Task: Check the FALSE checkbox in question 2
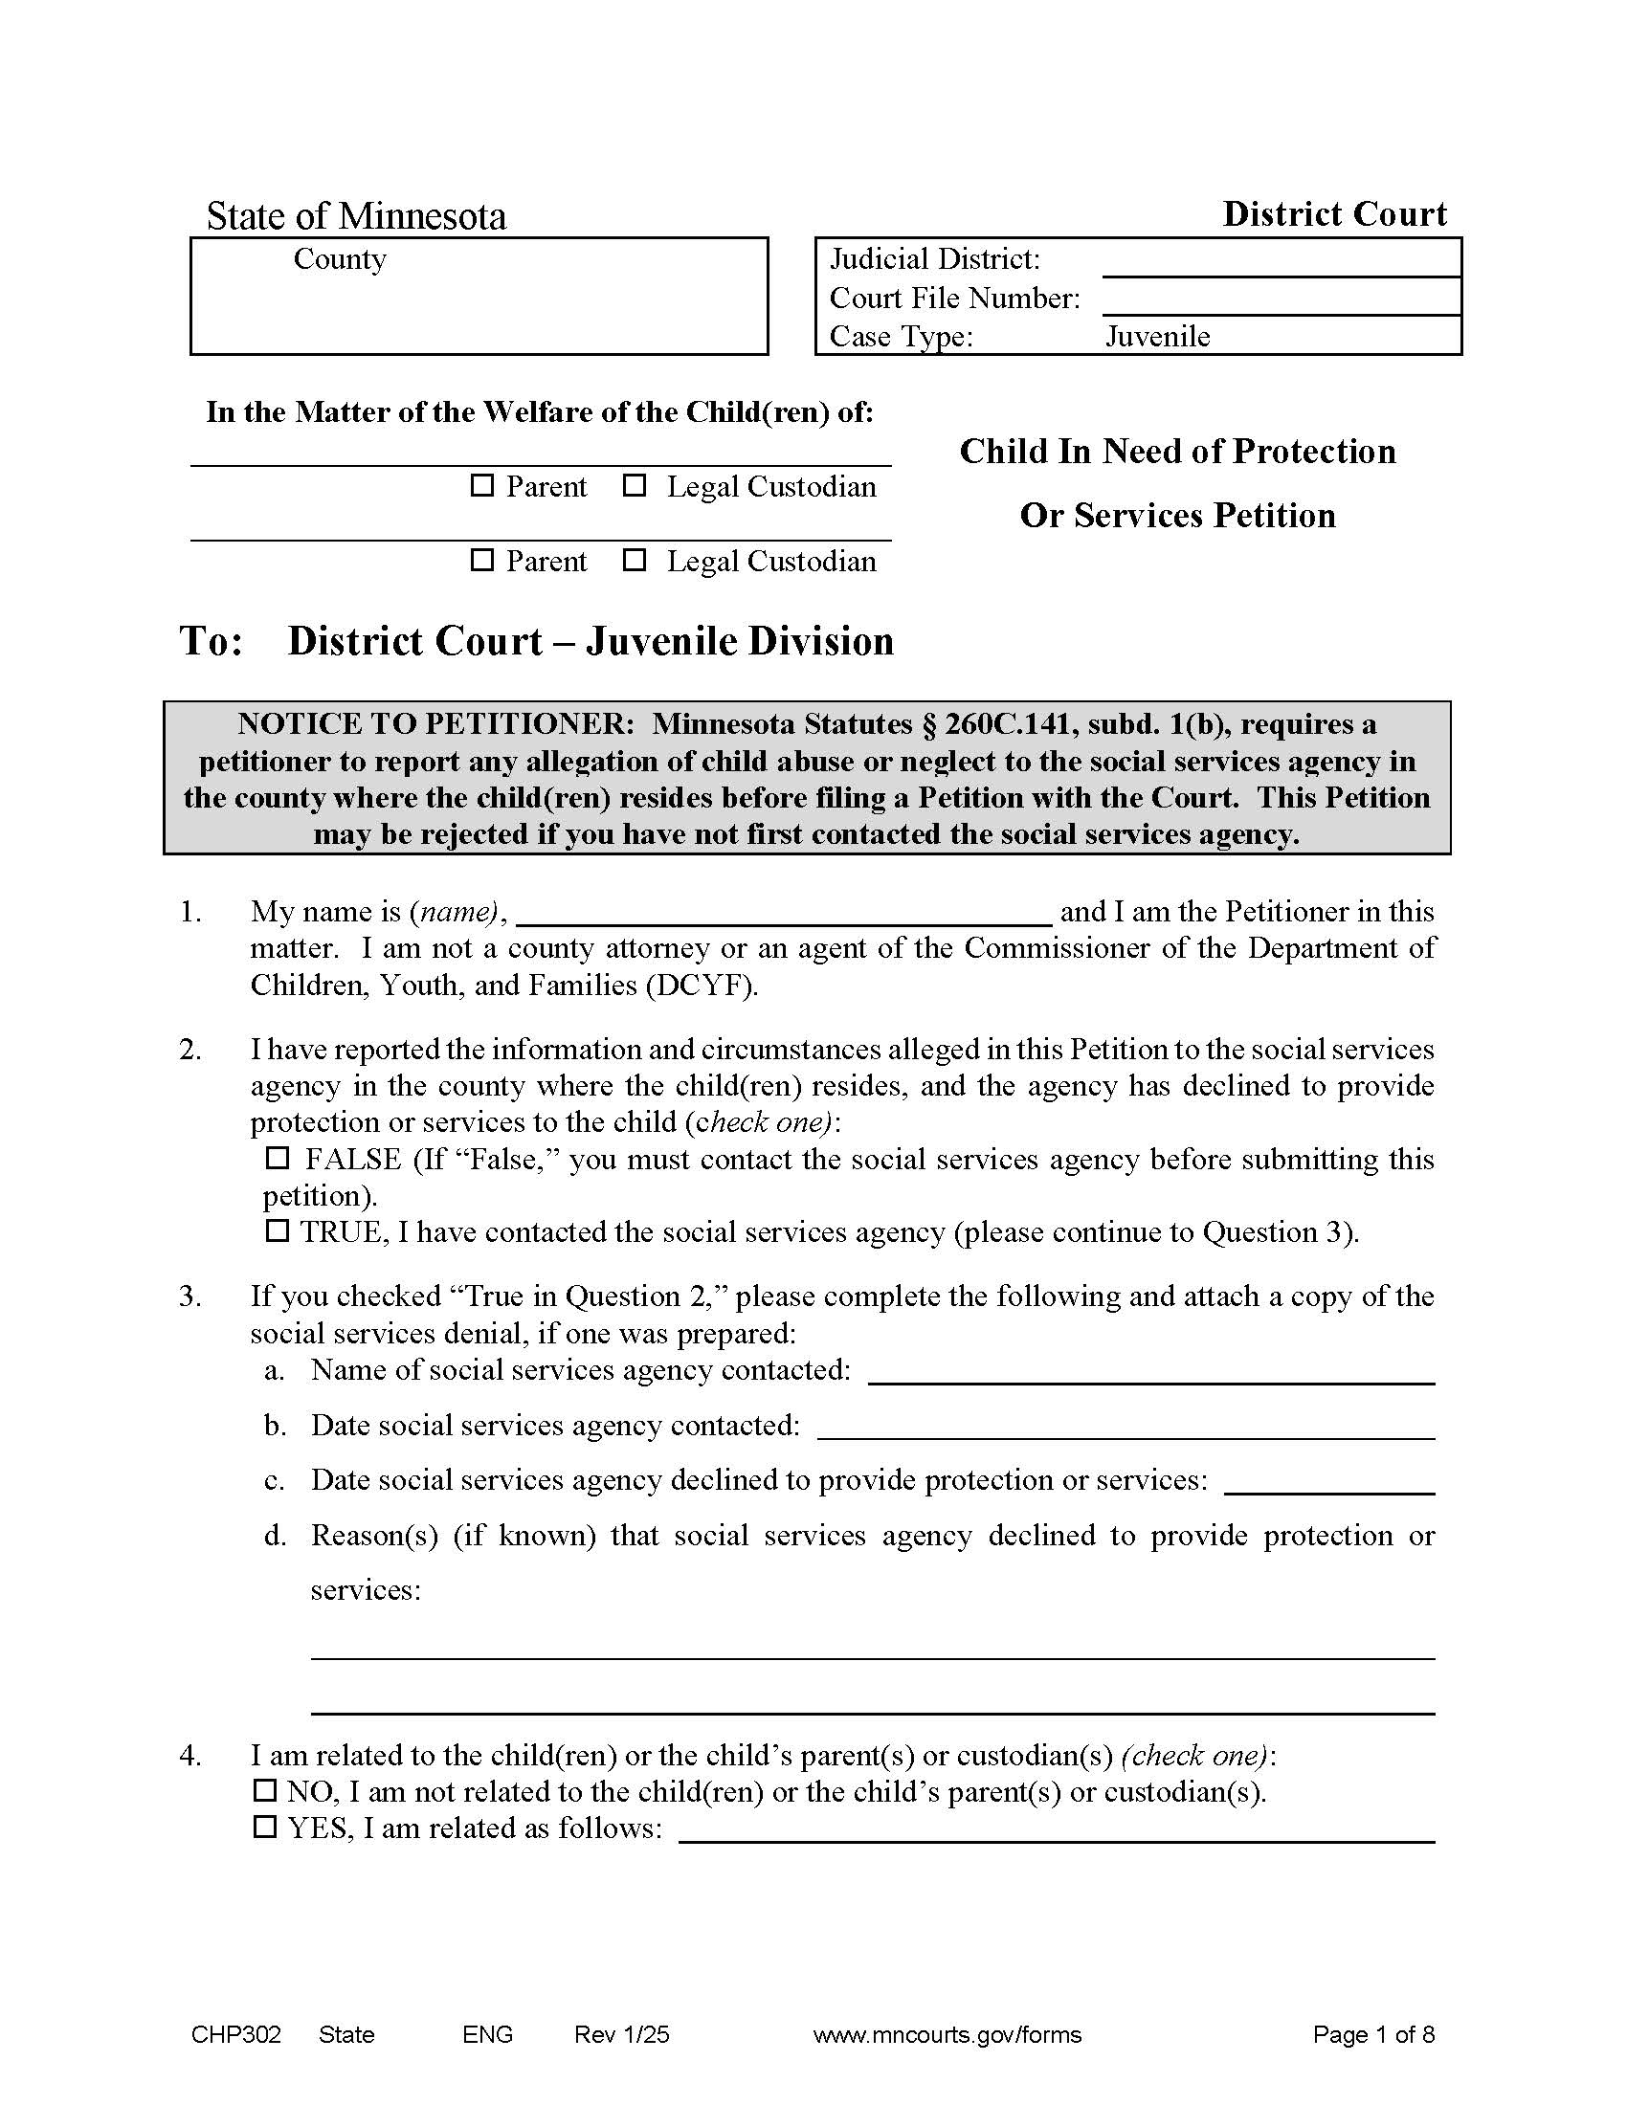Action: (278, 1158)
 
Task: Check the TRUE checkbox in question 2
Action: (278, 1230)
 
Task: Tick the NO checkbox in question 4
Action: (264, 1791)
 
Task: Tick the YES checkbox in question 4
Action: (264, 1828)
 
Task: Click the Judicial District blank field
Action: (1280, 259)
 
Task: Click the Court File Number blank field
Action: (1280, 298)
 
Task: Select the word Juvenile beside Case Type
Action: (1157, 337)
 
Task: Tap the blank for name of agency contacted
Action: (1150, 1369)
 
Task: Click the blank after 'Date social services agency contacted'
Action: (1125, 1425)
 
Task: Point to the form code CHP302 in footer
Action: (236, 2034)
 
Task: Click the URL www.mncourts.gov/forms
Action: (947, 2034)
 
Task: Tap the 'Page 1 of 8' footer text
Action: (1372, 2034)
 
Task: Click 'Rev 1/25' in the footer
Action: (622, 2034)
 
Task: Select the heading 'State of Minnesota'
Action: (356, 216)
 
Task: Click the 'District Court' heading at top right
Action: (1334, 214)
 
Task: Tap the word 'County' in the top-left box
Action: (340, 258)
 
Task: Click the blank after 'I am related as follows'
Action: (1057, 1828)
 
